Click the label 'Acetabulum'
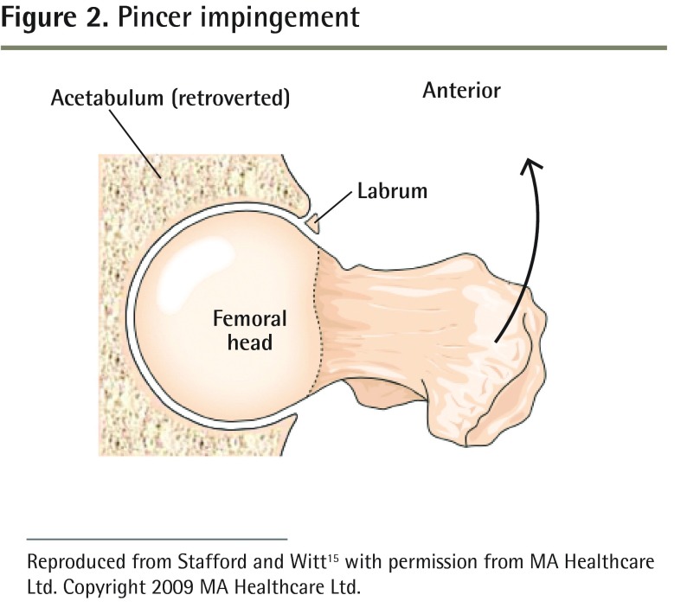pyautogui.click(x=107, y=98)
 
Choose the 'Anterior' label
pyautogui.click(x=461, y=90)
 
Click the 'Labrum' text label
pyautogui.click(x=392, y=191)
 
